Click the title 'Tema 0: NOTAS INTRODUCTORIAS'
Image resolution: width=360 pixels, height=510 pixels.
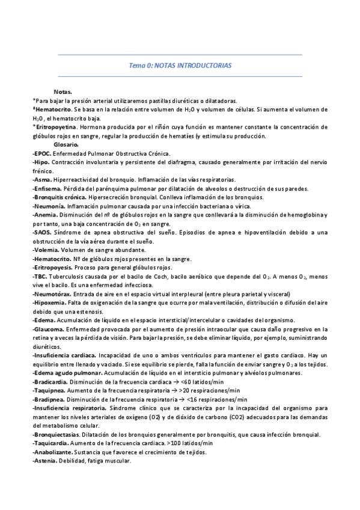(x=180, y=65)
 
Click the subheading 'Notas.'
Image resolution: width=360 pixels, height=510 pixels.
(x=63, y=91)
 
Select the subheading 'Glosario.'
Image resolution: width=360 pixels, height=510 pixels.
(x=66, y=145)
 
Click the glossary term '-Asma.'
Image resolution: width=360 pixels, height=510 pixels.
(x=42, y=180)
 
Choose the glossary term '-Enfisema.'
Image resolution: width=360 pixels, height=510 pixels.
(x=46, y=189)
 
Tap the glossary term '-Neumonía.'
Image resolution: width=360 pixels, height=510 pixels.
(x=48, y=206)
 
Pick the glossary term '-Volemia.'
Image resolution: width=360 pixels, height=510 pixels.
(x=46, y=250)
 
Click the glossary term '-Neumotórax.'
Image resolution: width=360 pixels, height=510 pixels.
(x=52, y=294)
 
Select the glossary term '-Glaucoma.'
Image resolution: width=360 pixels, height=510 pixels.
(x=48, y=329)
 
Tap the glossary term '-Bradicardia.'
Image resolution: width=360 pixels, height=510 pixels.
(x=50, y=382)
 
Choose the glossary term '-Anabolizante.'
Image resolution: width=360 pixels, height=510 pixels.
(x=53, y=452)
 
